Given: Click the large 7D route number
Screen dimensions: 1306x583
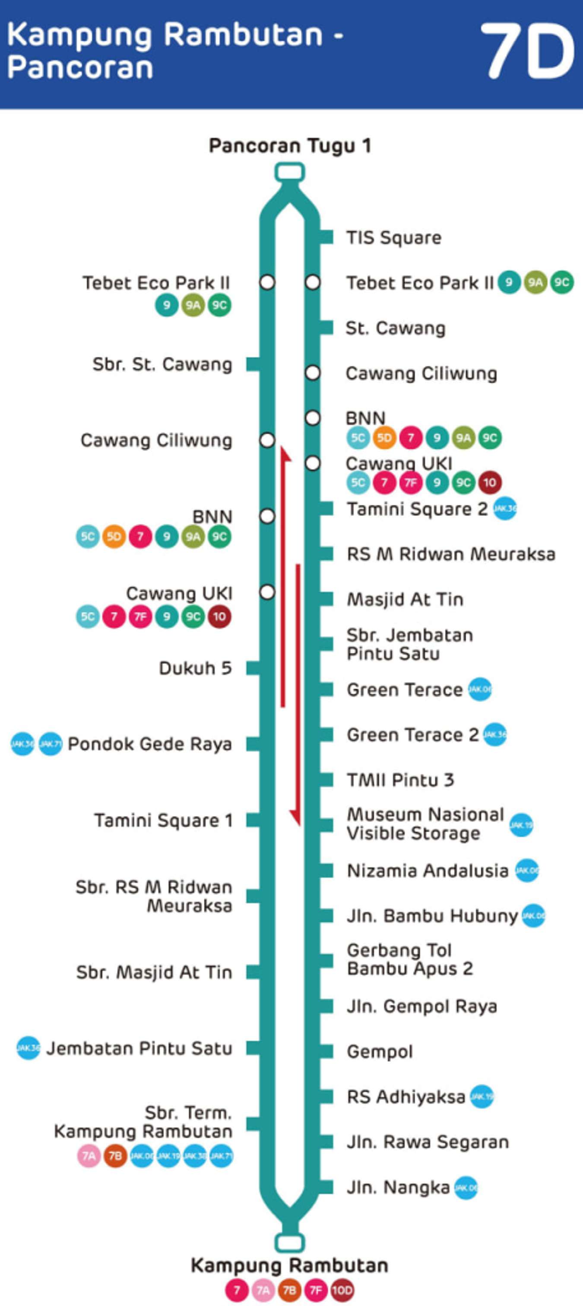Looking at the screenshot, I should (527, 52).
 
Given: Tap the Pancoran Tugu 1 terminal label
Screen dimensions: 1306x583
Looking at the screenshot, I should (290, 146).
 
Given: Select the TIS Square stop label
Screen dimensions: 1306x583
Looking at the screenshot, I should (393, 237).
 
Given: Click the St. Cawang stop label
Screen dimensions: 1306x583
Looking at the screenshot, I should (396, 328).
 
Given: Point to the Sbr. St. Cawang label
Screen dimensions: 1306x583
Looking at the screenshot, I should (162, 364).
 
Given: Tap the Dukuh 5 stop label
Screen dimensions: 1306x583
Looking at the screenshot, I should (195, 668).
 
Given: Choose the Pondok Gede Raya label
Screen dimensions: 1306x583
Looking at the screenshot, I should (149, 744).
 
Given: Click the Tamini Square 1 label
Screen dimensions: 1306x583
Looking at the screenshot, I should (163, 820).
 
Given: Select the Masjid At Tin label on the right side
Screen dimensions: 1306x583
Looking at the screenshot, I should (405, 599).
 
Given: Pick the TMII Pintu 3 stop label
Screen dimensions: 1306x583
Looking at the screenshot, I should (400, 780).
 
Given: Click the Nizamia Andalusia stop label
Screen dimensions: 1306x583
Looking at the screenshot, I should (428, 870).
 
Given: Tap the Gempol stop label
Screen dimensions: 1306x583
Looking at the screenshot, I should (380, 1052).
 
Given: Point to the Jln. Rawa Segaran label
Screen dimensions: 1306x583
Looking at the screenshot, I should (428, 1142).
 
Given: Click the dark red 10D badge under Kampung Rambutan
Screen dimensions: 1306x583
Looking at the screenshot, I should (342, 1290).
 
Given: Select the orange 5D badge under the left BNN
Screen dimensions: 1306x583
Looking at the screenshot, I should (114, 536).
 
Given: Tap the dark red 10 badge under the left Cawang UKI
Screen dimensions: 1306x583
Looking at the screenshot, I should (219, 617).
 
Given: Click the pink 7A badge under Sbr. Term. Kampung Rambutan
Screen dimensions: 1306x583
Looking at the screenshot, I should (89, 1155).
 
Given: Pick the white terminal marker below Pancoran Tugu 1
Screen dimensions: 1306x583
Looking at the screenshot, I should (289, 172).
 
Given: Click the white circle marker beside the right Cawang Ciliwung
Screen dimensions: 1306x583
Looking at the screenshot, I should (313, 373).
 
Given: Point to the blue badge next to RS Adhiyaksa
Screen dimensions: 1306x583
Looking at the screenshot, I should (481, 1097).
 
